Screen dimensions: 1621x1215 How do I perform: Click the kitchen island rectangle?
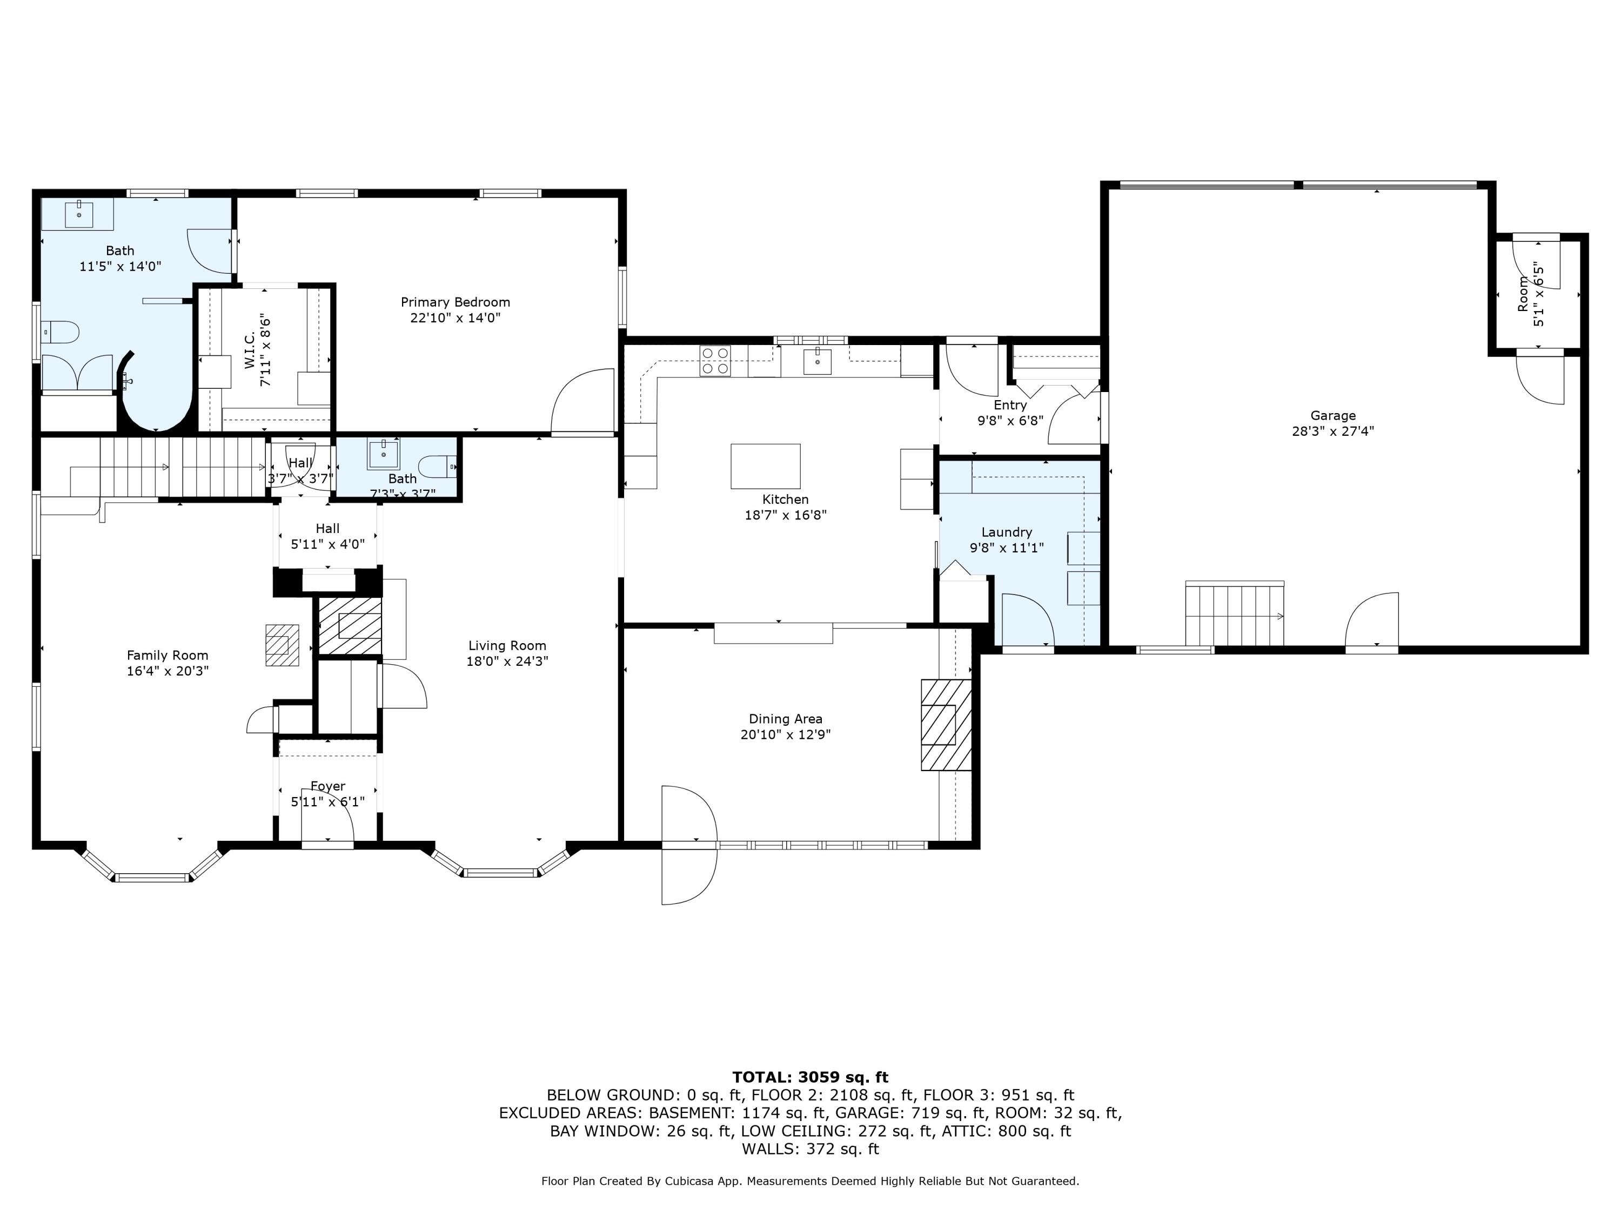pyautogui.click(x=765, y=466)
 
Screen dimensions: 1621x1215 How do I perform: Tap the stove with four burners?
pyautogui.click(x=714, y=360)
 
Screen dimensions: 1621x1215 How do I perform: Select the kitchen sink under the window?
pyautogui.click(x=817, y=360)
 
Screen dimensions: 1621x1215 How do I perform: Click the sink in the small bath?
pyautogui.click(x=383, y=454)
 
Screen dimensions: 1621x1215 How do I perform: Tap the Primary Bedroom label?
pyautogui.click(x=455, y=302)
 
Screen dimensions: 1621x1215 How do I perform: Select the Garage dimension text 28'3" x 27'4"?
pyautogui.click(x=1332, y=431)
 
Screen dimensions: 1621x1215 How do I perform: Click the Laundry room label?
pyautogui.click(x=1007, y=532)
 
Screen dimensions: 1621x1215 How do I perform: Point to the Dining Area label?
pyautogui.click(x=786, y=719)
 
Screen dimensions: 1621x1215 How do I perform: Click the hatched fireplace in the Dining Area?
pyautogui.click(x=946, y=724)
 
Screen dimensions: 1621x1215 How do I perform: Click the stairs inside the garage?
pyautogui.click(x=1235, y=613)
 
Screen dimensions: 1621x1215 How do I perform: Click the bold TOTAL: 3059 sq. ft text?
pyautogui.click(x=810, y=1077)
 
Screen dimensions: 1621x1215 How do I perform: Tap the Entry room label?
pyautogui.click(x=1010, y=405)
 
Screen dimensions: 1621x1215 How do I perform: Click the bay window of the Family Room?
pyautogui.click(x=152, y=866)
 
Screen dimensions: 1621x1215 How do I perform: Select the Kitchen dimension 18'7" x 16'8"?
pyautogui.click(x=786, y=515)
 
